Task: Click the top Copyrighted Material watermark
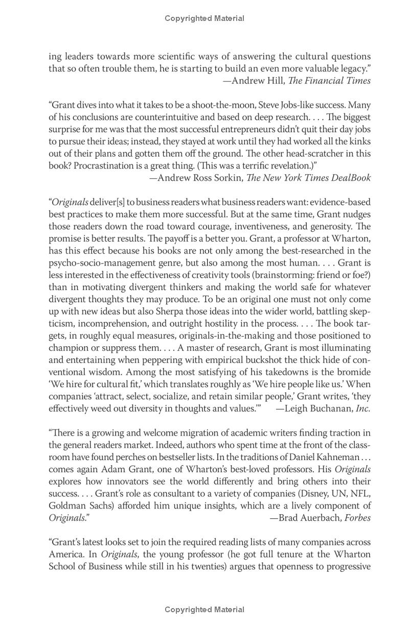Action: coord(204,18)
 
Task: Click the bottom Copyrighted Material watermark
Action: coord(204,609)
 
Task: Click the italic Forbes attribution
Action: coord(358,518)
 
